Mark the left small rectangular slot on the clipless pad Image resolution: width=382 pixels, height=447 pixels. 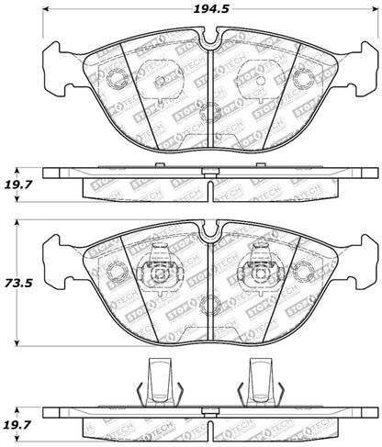pyautogui.click(x=162, y=81)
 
